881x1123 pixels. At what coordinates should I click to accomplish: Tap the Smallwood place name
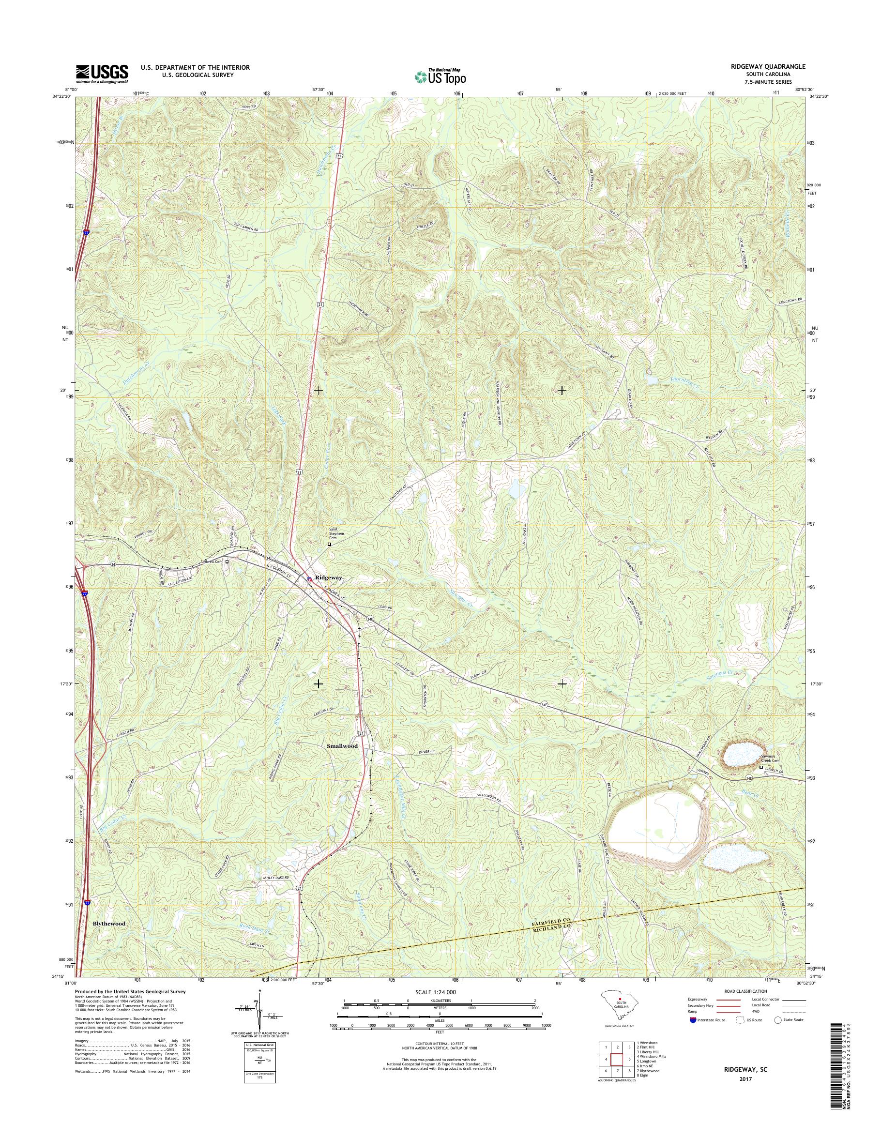pos(342,746)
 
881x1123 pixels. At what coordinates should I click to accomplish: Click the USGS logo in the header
pos(102,74)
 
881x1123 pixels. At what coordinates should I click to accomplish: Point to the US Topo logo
pos(440,77)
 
